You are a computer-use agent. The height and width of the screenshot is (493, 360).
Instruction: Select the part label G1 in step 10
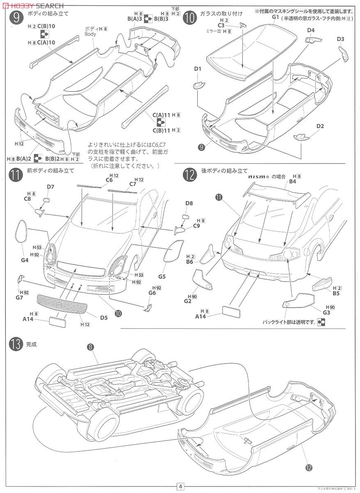click(x=275, y=17)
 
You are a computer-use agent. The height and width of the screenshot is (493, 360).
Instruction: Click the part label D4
click(x=310, y=30)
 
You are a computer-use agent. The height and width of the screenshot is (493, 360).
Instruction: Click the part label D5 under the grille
click(x=103, y=317)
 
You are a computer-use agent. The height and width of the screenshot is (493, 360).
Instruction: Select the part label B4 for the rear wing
click(x=292, y=182)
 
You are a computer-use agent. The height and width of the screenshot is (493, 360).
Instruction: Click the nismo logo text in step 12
click(x=258, y=176)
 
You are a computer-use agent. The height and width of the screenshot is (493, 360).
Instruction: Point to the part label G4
click(x=25, y=260)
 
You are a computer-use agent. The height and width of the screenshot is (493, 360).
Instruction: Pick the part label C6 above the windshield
click(x=109, y=180)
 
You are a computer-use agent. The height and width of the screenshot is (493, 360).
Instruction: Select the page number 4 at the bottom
click(x=180, y=486)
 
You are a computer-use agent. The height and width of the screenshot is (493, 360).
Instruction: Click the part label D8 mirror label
click(x=189, y=203)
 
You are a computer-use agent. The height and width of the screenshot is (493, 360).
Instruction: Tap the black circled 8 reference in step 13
click(x=90, y=347)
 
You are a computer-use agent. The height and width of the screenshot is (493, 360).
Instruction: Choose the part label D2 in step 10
click(x=320, y=126)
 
